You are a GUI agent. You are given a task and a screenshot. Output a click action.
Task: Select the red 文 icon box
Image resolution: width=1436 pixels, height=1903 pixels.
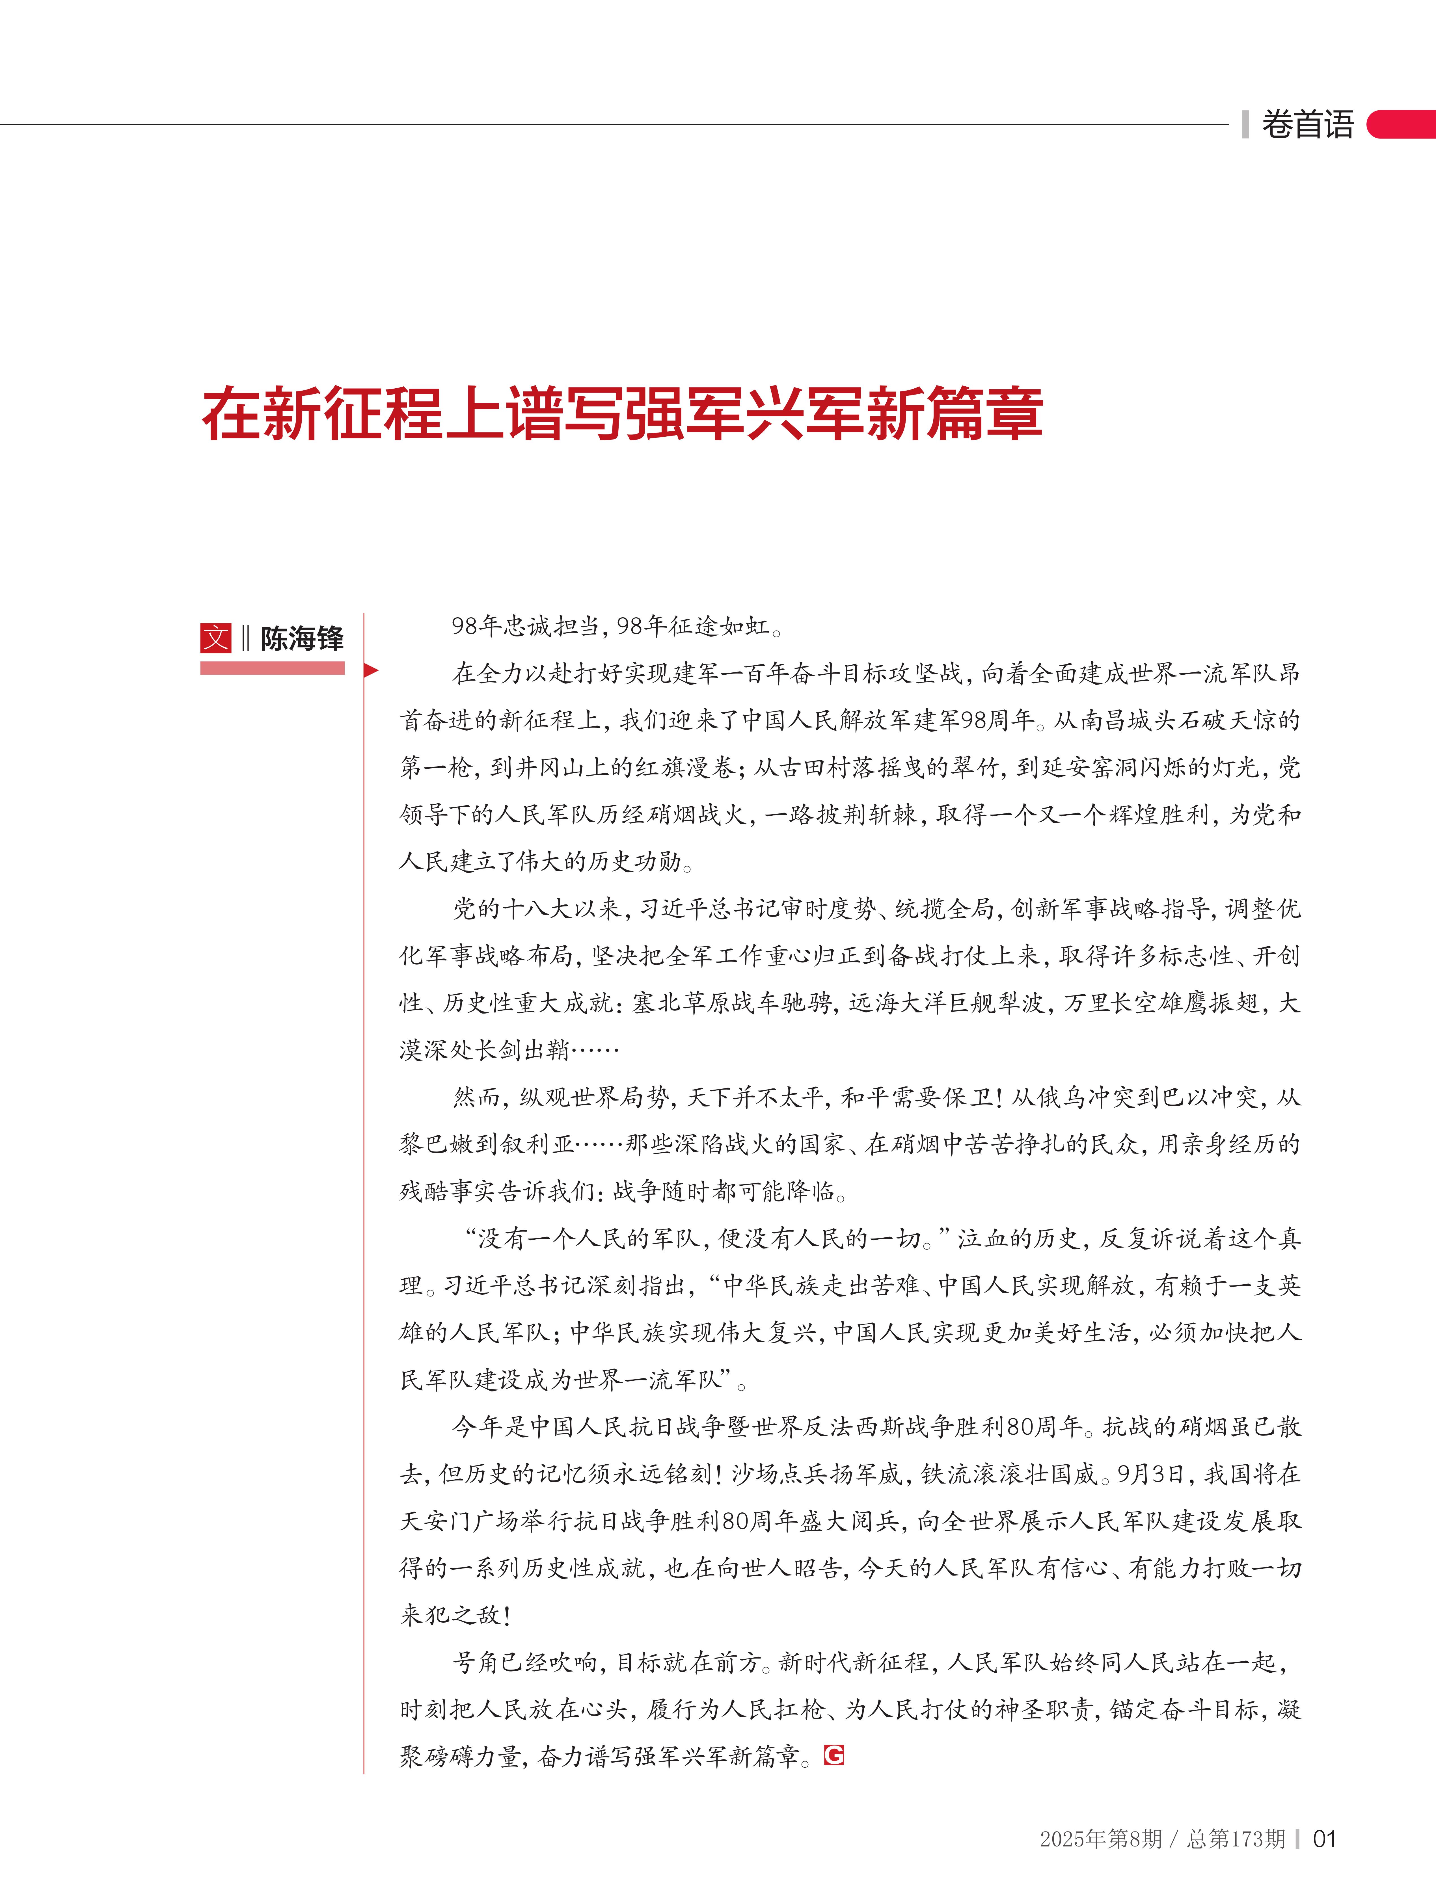coord(216,637)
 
